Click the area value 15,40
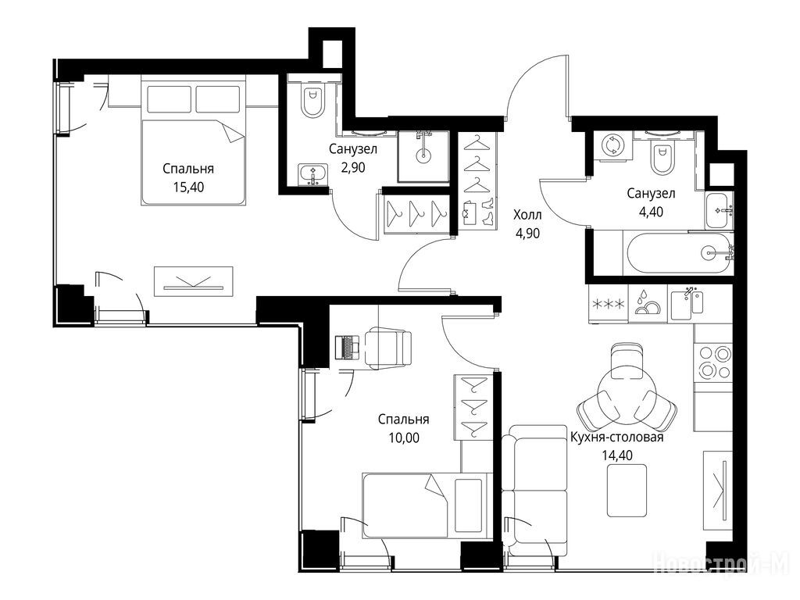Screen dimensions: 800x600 pos(188,187)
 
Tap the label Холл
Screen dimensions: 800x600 pos(527,215)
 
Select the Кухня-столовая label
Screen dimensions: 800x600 pos(617,437)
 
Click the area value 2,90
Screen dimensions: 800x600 pos(352,167)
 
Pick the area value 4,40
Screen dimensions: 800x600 pos(651,211)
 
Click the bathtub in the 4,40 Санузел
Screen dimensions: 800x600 pos(678,253)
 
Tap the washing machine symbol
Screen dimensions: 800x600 pos(611,145)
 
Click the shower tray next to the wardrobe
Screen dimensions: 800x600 pos(423,156)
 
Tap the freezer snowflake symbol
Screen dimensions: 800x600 pos(608,305)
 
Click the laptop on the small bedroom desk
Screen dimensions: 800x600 pos(348,348)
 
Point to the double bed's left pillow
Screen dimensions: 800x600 pos(169,99)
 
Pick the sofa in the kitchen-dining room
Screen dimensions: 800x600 pos(534,491)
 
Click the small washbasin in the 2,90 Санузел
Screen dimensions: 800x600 pos(312,174)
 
